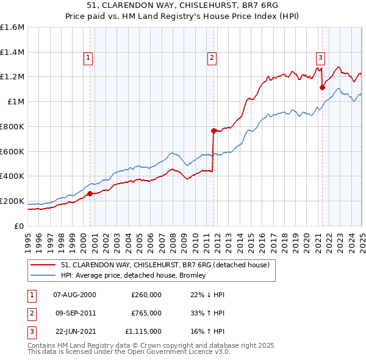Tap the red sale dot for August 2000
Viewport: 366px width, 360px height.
tap(90, 193)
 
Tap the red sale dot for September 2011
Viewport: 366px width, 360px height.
tap(213, 131)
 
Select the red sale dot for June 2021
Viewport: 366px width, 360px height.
tap(322, 87)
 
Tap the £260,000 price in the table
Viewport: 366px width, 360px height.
tap(146, 295)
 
